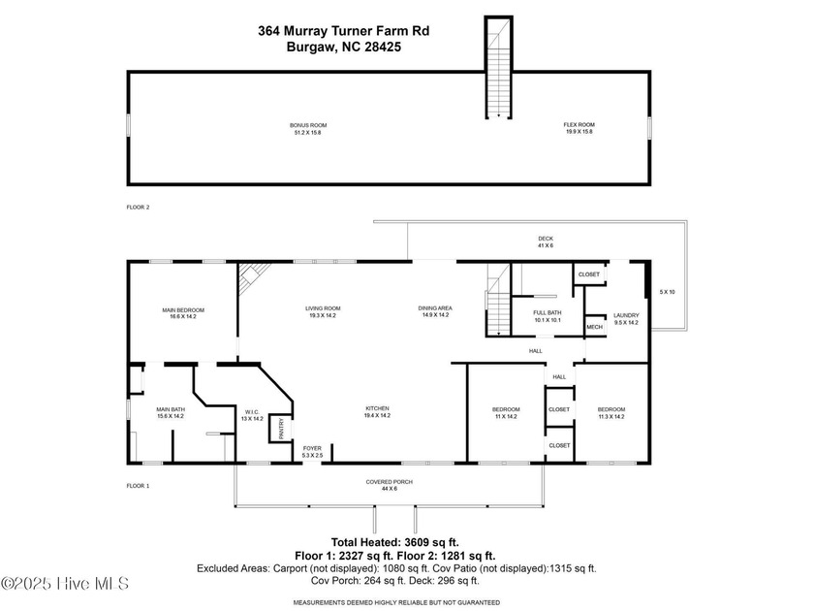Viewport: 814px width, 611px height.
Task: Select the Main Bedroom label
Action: click(x=183, y=313)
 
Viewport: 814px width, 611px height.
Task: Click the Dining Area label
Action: click(x=435, y=311)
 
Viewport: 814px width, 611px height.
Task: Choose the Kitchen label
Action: click(x=377, y=411)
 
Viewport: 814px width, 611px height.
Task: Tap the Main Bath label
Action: click(x=171, y=413)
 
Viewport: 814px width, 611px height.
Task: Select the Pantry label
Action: click(x=282, y=428)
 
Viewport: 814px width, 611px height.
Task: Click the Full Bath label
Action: click(x=548, y=315)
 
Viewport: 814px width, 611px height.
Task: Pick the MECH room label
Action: click(x=594, y=327)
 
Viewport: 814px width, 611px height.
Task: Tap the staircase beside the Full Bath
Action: click(x=497, y=301)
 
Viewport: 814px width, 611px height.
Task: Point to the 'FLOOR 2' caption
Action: click(x=139, y=208)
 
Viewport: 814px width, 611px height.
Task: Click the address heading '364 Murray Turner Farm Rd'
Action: click(x=343, y=31)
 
